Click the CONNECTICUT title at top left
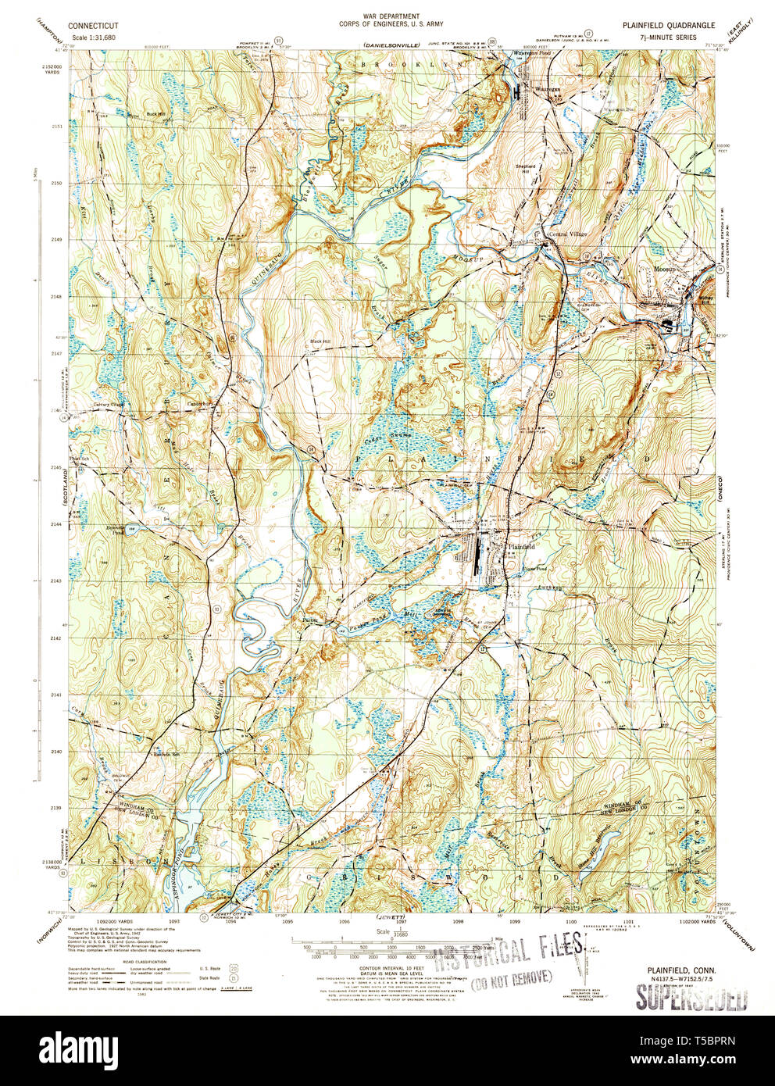click(93, 26)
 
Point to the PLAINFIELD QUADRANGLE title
click(668, 26)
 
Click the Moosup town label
click(664, 266)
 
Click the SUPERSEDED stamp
click(691, 997)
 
